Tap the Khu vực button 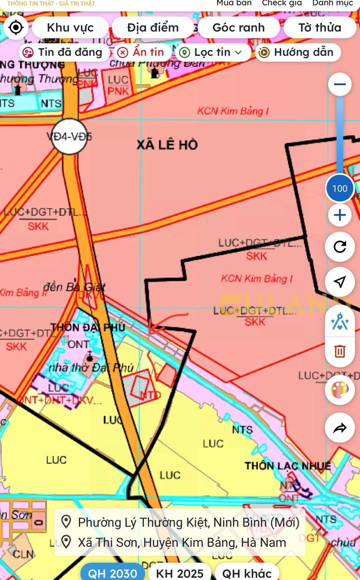(x=70, y=28)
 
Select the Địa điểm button (x=152, y=28)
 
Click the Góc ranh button (x=238, y=28)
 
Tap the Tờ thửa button (x=320, y=28)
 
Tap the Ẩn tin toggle (x=141, y=52)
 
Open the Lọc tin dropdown (x=211, y=52)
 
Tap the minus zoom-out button (x=339, y=85)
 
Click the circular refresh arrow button (x=339, y=247)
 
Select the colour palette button (x=339, y=390)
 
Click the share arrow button (x=339, y=428)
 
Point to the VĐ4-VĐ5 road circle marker (x=69, y=136)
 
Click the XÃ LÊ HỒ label (x=167, y=145)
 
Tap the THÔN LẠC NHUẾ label (x=287, y=466)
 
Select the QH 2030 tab (x=113, y=573)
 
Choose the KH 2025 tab (x=179, y=573)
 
